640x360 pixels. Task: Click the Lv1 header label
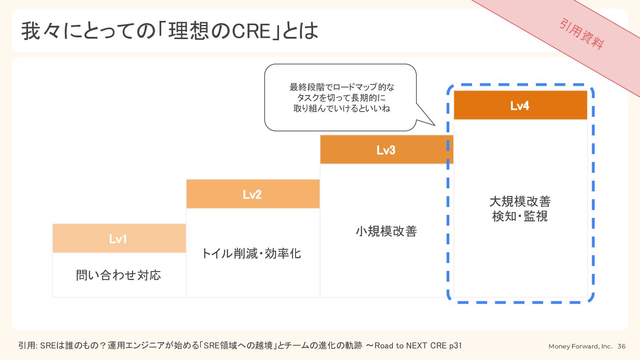[118, 239]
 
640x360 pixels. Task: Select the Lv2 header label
[252, 195]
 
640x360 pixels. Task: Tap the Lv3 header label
[386, 150]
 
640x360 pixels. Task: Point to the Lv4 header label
[520, 106]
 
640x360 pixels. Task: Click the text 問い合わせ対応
[119, 275]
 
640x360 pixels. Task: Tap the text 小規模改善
[386, 231]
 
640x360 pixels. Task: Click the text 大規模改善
[520, 201]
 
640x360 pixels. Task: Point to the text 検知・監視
[520, 216]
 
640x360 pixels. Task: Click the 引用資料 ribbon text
[582, 34]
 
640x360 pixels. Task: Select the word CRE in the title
[251, 31]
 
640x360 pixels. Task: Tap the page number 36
[621, 346]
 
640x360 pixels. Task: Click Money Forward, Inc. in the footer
[580, 346]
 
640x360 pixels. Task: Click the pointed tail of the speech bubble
[435, 125]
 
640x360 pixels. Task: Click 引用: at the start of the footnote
[28, 346]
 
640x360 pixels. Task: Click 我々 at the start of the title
[40, 31]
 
